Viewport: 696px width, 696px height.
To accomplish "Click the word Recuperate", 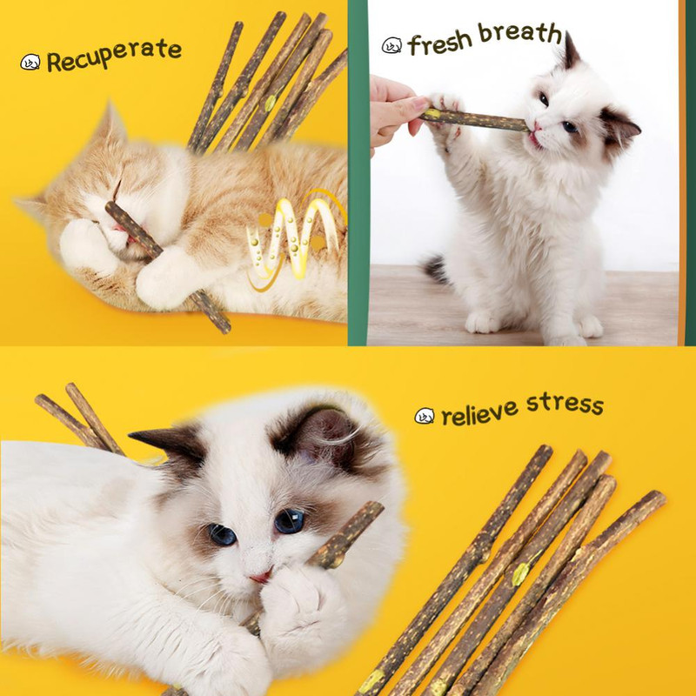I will (x=114, y=56).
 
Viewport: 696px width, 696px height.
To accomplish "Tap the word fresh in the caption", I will (x=440, y=41).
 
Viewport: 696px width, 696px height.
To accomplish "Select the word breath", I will (x=520, y=33).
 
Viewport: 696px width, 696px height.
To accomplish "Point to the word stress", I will (x=563, y=404).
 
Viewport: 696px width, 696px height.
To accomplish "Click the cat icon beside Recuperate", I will (x=30, y=62).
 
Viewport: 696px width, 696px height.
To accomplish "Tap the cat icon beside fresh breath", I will (x=392, y=45).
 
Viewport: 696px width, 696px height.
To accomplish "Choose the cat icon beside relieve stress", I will (x=425, y=416).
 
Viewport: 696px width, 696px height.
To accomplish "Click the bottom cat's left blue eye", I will (x=222, y=534).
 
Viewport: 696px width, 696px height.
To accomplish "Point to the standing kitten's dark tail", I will (x=436, y=268).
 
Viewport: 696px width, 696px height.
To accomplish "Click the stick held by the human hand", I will (x=474, y=119).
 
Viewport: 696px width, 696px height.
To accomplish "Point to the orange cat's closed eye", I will (x=113, y=193).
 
